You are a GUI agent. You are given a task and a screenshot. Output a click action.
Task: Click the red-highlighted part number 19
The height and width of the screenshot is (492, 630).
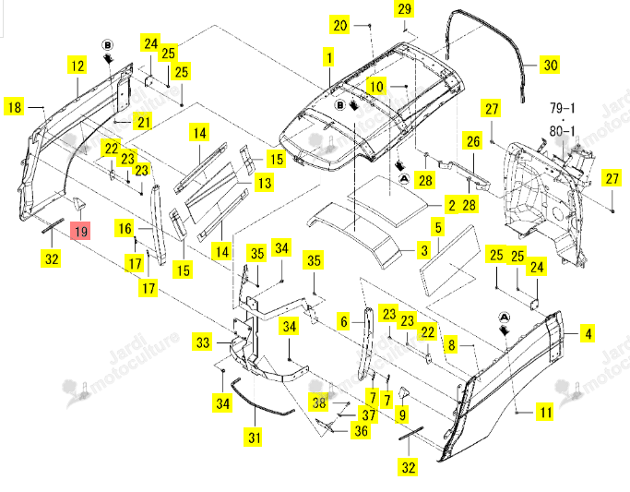click(81, 231)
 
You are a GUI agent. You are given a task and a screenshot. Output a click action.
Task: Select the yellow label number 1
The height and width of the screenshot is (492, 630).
click(329, 57)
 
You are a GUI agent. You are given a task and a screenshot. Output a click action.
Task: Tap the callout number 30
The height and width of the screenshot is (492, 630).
click(551, 65)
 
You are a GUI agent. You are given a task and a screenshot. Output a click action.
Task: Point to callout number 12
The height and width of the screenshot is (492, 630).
click(77, 66)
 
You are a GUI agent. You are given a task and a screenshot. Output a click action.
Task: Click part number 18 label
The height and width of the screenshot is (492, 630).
click(14, 107)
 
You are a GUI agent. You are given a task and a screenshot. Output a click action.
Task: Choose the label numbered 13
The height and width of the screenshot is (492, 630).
click(265, 183)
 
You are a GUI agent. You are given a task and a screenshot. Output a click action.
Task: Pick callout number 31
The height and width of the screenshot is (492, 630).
click(254, 437)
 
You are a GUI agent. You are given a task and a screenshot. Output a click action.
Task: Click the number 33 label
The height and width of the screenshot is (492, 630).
click(203, 342)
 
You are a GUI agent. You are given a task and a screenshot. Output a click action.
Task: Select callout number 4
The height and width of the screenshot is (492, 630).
click(588, 333)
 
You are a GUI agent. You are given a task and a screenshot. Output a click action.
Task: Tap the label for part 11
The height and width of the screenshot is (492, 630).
click(546, 412)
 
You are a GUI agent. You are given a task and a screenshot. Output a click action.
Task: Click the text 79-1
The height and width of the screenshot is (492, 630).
click(563, 108)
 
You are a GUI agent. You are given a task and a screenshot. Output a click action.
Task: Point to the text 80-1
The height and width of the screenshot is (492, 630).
click(563, 131)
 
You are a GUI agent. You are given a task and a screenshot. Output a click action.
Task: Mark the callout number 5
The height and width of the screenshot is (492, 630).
click(438, 227)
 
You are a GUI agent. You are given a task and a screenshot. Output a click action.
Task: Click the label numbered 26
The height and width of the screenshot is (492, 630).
click(473, 141)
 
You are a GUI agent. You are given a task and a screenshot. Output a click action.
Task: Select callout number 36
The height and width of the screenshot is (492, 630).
click(361, 430)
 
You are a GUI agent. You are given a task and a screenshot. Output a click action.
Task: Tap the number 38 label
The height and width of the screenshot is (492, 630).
click(319, 402)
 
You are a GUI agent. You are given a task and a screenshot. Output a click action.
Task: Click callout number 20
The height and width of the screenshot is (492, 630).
click(340, 25)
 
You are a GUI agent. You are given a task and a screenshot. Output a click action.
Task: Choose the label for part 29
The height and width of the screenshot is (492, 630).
click(404, 9)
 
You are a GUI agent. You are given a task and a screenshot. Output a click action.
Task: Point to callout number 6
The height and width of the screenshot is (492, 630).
click(344, 321)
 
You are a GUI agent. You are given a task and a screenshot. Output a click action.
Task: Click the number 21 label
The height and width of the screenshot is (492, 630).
click(144, 122)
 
